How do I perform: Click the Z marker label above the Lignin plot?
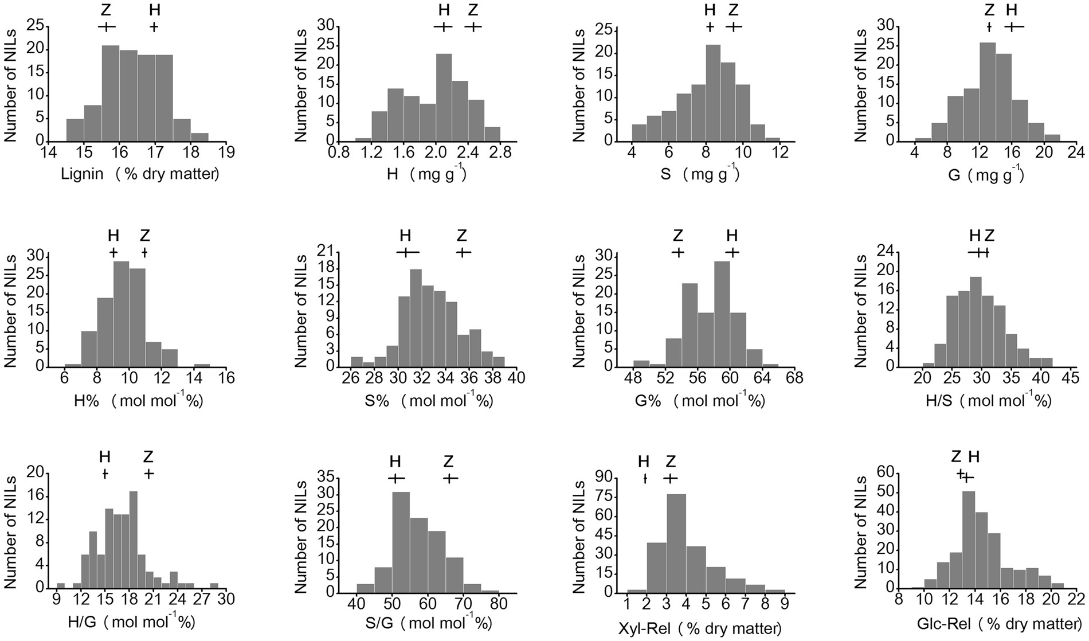click(107, 10)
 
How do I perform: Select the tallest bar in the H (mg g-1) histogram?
click(443, 97)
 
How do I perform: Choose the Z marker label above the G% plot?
click(678, 236)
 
